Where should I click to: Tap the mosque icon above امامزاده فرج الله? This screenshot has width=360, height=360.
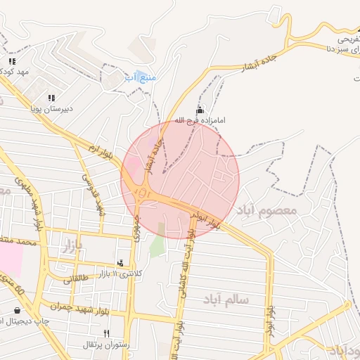(200, 110)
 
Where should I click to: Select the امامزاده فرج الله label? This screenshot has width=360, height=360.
(200, 121)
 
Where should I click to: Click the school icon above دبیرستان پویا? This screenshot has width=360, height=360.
(51, 98)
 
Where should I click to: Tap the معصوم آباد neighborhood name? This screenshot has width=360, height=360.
(267, 210)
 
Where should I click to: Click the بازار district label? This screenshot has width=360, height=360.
(73, 245)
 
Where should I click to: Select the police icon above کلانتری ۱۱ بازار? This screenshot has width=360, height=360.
(120, 263)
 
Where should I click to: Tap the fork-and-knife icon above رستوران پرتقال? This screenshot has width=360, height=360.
(107, 333)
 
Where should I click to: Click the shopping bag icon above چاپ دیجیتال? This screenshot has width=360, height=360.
(17, 309)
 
